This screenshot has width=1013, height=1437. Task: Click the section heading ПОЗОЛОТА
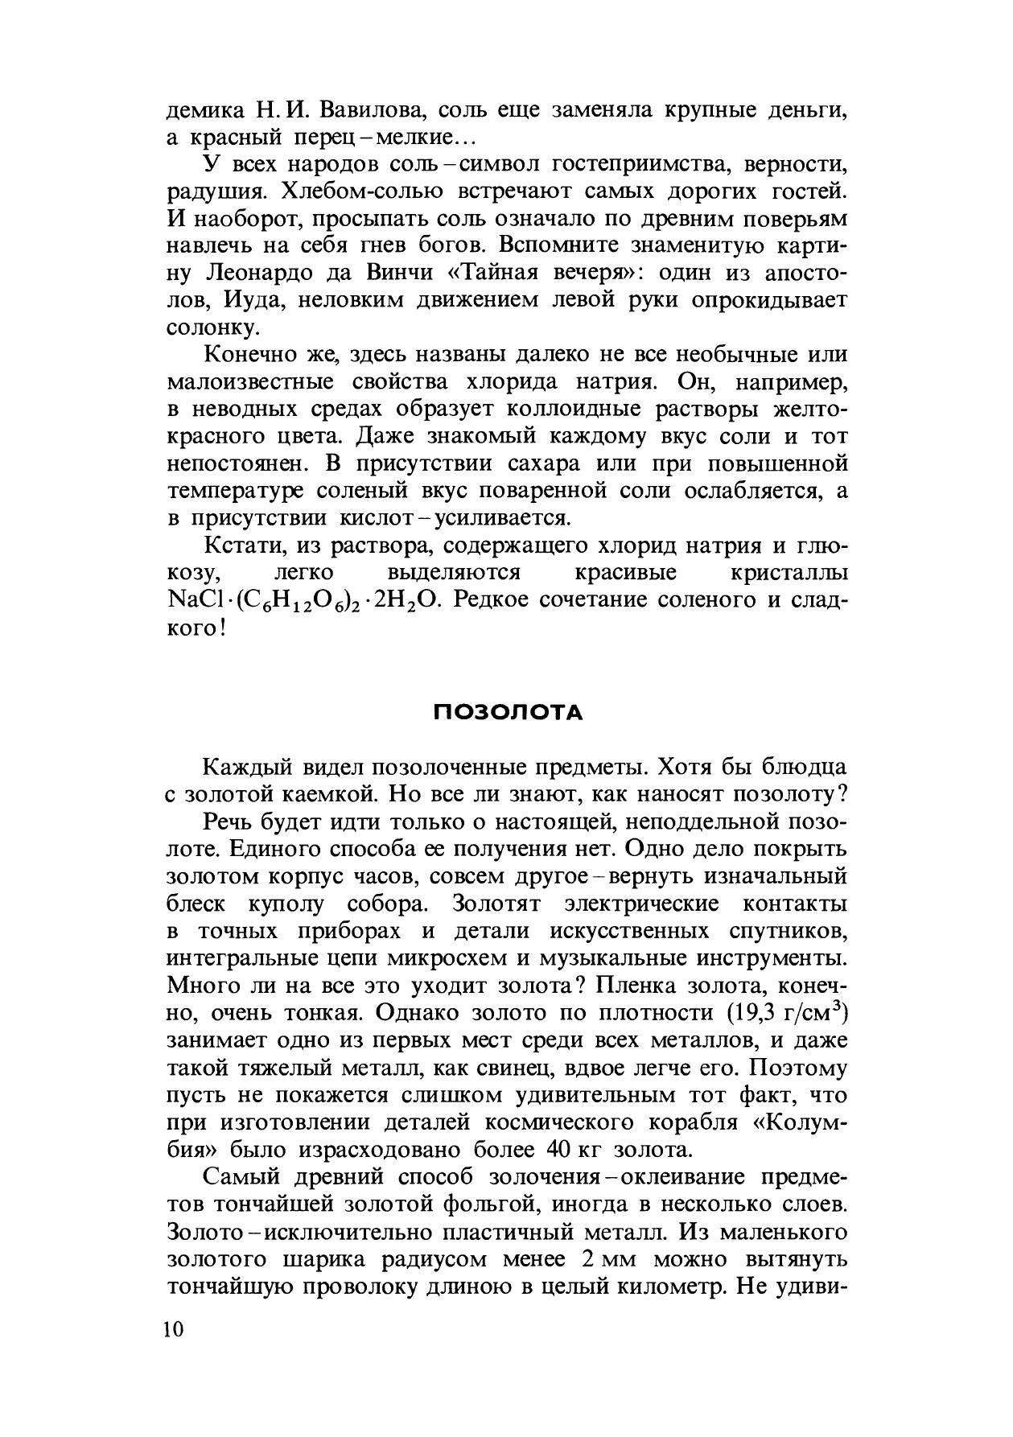pos(507,713)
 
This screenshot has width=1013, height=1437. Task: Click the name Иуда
pos(239,300)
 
